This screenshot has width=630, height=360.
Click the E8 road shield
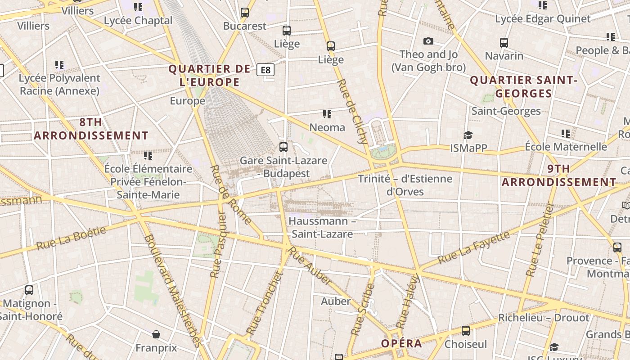click(265, 70)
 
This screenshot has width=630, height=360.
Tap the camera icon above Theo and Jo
click(428, 41)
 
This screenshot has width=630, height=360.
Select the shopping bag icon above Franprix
click(156, 334)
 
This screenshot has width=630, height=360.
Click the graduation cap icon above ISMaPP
click(468, 135)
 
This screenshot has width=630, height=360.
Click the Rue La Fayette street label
click(474, 247)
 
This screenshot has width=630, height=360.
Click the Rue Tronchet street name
click(265, 304)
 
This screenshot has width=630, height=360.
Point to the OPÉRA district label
click(401, 343)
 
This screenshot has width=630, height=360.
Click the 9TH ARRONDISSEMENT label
click(559, 175)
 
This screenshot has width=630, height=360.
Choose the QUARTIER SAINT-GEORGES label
click(524, 87)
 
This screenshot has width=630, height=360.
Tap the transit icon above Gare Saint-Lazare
click(283, 147)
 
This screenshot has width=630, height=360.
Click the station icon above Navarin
click(504, 43)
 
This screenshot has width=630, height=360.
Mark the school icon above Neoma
click(327, 114)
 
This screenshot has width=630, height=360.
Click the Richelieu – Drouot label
click(544, 318)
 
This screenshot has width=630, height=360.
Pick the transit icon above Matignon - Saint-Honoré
click(29, 290)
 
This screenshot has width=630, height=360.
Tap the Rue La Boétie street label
click(71, 238)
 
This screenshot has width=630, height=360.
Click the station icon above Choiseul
click(466, 331)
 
